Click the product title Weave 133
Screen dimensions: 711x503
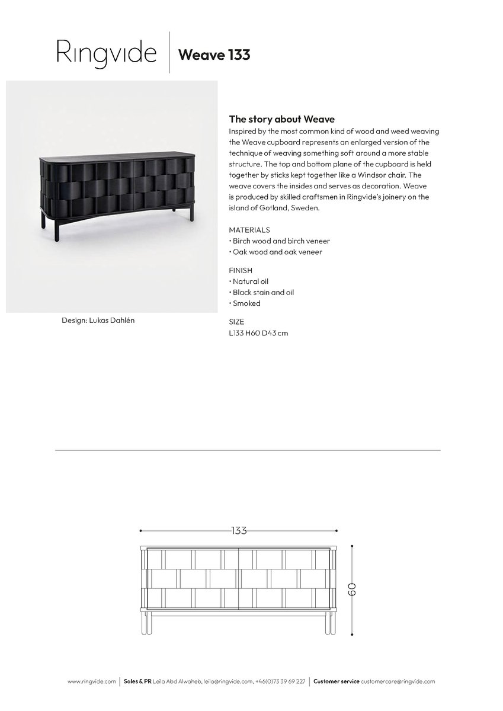(214, 55)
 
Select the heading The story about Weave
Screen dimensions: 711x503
(282, 119)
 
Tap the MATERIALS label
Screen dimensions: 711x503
(249, 230)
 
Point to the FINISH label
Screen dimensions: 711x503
(241, 270)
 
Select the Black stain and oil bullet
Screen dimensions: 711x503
(262, 292)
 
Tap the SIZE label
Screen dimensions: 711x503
(236, 322)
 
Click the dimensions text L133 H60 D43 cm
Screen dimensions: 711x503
(258, 333)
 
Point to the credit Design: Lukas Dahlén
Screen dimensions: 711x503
(102, 320)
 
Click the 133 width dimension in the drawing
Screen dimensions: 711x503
(238, 530)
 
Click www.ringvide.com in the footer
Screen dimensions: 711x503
(92, 682)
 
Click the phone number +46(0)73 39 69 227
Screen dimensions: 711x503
(281, 682)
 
